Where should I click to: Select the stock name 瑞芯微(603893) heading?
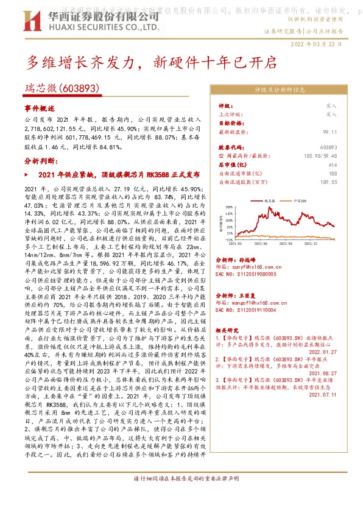tap(62, 88)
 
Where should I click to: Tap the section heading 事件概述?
tap(40, 107)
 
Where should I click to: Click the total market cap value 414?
tap(349, 165)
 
